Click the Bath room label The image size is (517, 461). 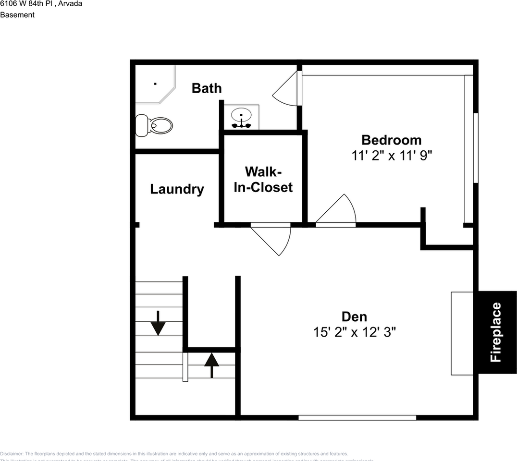[207, 88]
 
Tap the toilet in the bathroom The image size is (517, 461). [155, 125]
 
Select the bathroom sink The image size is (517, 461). [241, 117]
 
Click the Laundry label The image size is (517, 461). [177, 189]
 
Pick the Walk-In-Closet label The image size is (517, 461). [263, 180]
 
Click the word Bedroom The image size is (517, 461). [391, 140]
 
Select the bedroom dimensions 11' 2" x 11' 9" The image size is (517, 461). [392, 156]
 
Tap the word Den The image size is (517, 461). [354, 317]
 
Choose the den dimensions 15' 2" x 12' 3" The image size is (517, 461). [355, 332]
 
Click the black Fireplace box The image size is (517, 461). [496, 332]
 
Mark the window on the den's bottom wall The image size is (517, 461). [357, 418]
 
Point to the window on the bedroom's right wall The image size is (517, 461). [476, 148]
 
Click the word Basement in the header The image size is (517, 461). [17, 15]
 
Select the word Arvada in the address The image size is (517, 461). [70, 3]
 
